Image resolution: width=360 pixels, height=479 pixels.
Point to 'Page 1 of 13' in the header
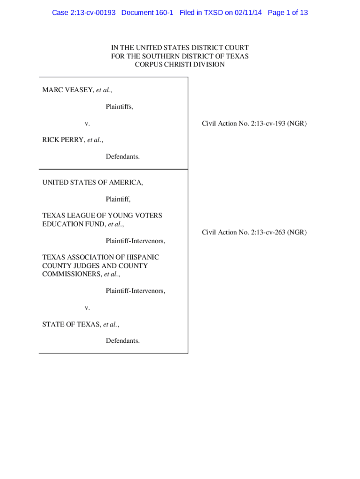[288, 13]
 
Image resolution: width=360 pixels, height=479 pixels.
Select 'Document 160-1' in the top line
[147, 13]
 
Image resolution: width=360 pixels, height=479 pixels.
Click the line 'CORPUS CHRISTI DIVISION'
[180, 65]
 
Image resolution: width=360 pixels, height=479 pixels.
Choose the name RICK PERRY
[64, 140]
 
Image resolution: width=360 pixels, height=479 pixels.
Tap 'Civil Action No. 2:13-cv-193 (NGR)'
[254, 123]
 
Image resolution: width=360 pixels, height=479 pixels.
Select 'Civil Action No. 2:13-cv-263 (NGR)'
[254, 232]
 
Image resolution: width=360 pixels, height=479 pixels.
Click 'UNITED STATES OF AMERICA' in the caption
[93, 182]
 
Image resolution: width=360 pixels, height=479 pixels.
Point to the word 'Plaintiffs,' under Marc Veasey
[119, 107]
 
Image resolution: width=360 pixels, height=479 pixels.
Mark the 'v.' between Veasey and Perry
[87, 123]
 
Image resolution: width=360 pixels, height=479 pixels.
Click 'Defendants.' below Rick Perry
[122, 157]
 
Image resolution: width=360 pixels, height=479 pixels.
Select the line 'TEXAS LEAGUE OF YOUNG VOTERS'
[102, 216]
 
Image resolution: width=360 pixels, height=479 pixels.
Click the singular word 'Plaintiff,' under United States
[118, 199]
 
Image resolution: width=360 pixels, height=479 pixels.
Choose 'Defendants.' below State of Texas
[122, 341]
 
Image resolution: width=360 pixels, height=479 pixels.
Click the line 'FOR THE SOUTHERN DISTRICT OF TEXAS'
[180, 56]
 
